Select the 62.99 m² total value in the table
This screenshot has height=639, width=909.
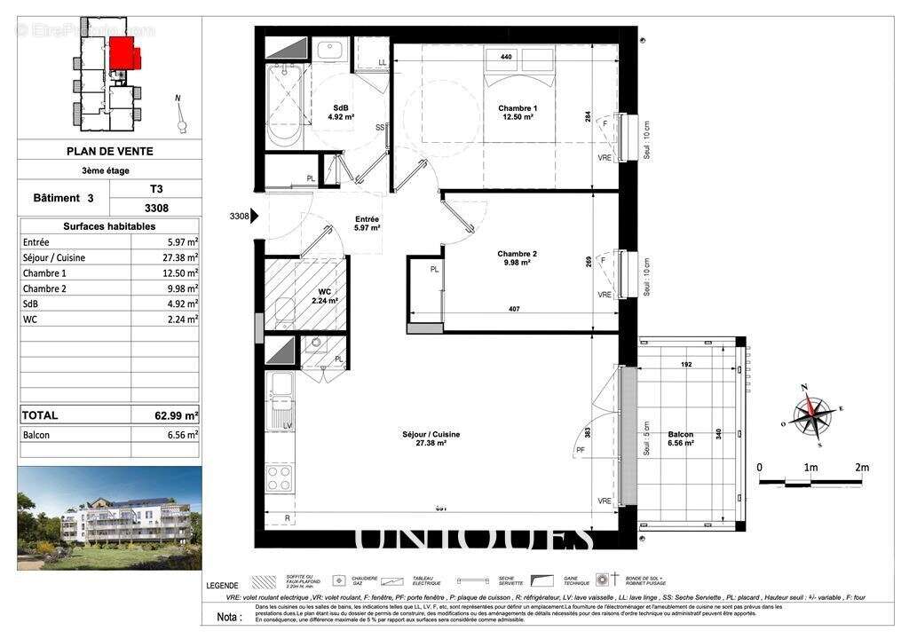click(x=176, y=414)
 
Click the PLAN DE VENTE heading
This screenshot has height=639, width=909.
click(x=108, y=151)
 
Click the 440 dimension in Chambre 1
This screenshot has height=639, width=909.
click(x=506, y=58)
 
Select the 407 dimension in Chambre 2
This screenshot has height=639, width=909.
click(x=513, y=309)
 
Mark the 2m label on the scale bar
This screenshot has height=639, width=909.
click(x=860, y=467)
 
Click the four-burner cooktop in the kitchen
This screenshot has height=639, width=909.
click(x=280, y=477)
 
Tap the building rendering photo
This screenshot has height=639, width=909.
click(x=108, y=517)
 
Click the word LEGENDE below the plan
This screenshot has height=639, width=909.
click(x=221, y=586)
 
